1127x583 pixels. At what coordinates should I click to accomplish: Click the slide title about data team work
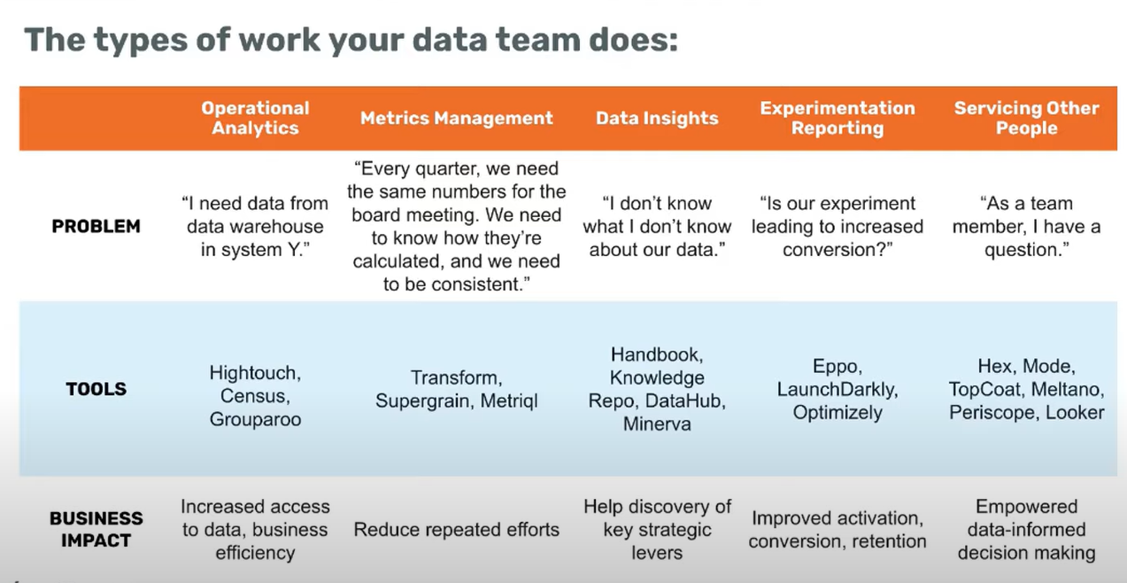351,40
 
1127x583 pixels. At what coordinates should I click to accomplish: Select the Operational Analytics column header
255,118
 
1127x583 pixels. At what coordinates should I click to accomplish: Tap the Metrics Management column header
456,118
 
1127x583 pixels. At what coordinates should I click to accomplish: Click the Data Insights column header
657,118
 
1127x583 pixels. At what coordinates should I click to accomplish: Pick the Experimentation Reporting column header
838,118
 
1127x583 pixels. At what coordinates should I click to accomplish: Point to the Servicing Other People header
1026,118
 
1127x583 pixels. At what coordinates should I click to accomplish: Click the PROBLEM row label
96,227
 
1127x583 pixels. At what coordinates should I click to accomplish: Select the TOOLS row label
96,389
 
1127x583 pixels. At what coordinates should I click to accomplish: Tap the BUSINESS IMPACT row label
96,529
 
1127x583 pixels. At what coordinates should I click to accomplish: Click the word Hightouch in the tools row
255,373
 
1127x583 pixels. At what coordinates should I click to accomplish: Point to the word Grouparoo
255,419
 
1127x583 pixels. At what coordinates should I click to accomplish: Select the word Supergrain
425,401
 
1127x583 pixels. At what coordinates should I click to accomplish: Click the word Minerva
657,424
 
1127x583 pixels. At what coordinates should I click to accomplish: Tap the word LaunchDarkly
838,389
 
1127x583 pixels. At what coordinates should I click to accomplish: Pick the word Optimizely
838,412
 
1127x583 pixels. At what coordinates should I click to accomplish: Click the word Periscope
994,412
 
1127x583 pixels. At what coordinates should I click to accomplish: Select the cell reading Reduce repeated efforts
456,530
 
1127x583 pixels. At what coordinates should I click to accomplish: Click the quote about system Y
255,227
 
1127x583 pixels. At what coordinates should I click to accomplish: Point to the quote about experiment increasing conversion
838,227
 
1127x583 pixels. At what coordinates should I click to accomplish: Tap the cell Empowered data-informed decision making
1026,530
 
